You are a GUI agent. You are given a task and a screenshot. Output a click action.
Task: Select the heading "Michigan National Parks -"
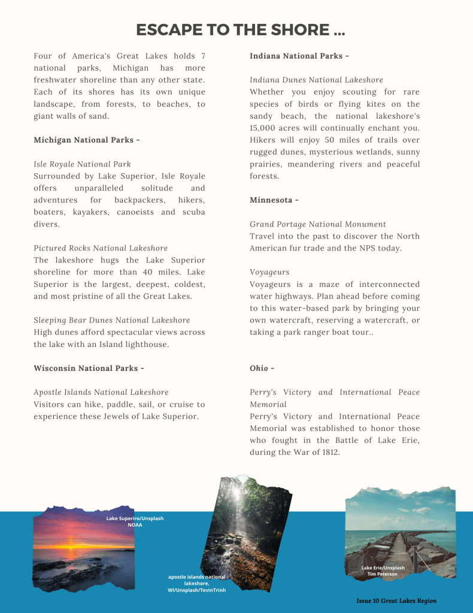(x=87, y=140)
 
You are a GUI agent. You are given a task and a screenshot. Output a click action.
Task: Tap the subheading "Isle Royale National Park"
(x=82, y=164)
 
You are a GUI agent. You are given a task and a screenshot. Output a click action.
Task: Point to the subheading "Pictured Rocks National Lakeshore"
(x=101, y=248)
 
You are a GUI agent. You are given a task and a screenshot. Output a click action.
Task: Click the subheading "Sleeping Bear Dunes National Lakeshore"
(x=112, y=321)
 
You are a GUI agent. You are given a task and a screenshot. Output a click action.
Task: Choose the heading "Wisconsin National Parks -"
(x=89, y=369)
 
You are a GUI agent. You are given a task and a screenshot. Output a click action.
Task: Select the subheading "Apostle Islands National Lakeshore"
(x=101, y=392)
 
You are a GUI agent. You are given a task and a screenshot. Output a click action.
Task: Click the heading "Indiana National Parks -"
(x=299, y=56)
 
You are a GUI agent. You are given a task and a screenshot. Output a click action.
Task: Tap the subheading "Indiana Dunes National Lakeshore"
(x=316, y=80)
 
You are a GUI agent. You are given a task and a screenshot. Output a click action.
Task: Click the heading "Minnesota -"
(x=274, y=200)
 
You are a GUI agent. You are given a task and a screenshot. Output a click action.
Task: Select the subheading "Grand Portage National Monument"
(x=318, y=224)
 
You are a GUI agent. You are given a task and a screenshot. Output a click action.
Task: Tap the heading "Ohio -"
(x=262, y=369)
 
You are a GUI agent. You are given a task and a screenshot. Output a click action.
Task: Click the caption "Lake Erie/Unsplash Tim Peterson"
(x=383, y=571)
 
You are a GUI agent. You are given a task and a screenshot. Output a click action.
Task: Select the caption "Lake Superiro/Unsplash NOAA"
(x=135, y=521)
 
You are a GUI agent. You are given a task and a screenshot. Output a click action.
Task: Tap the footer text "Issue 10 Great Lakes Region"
(x=396, y=601)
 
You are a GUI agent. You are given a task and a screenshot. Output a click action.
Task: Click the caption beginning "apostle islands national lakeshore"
(x=197, y=584)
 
